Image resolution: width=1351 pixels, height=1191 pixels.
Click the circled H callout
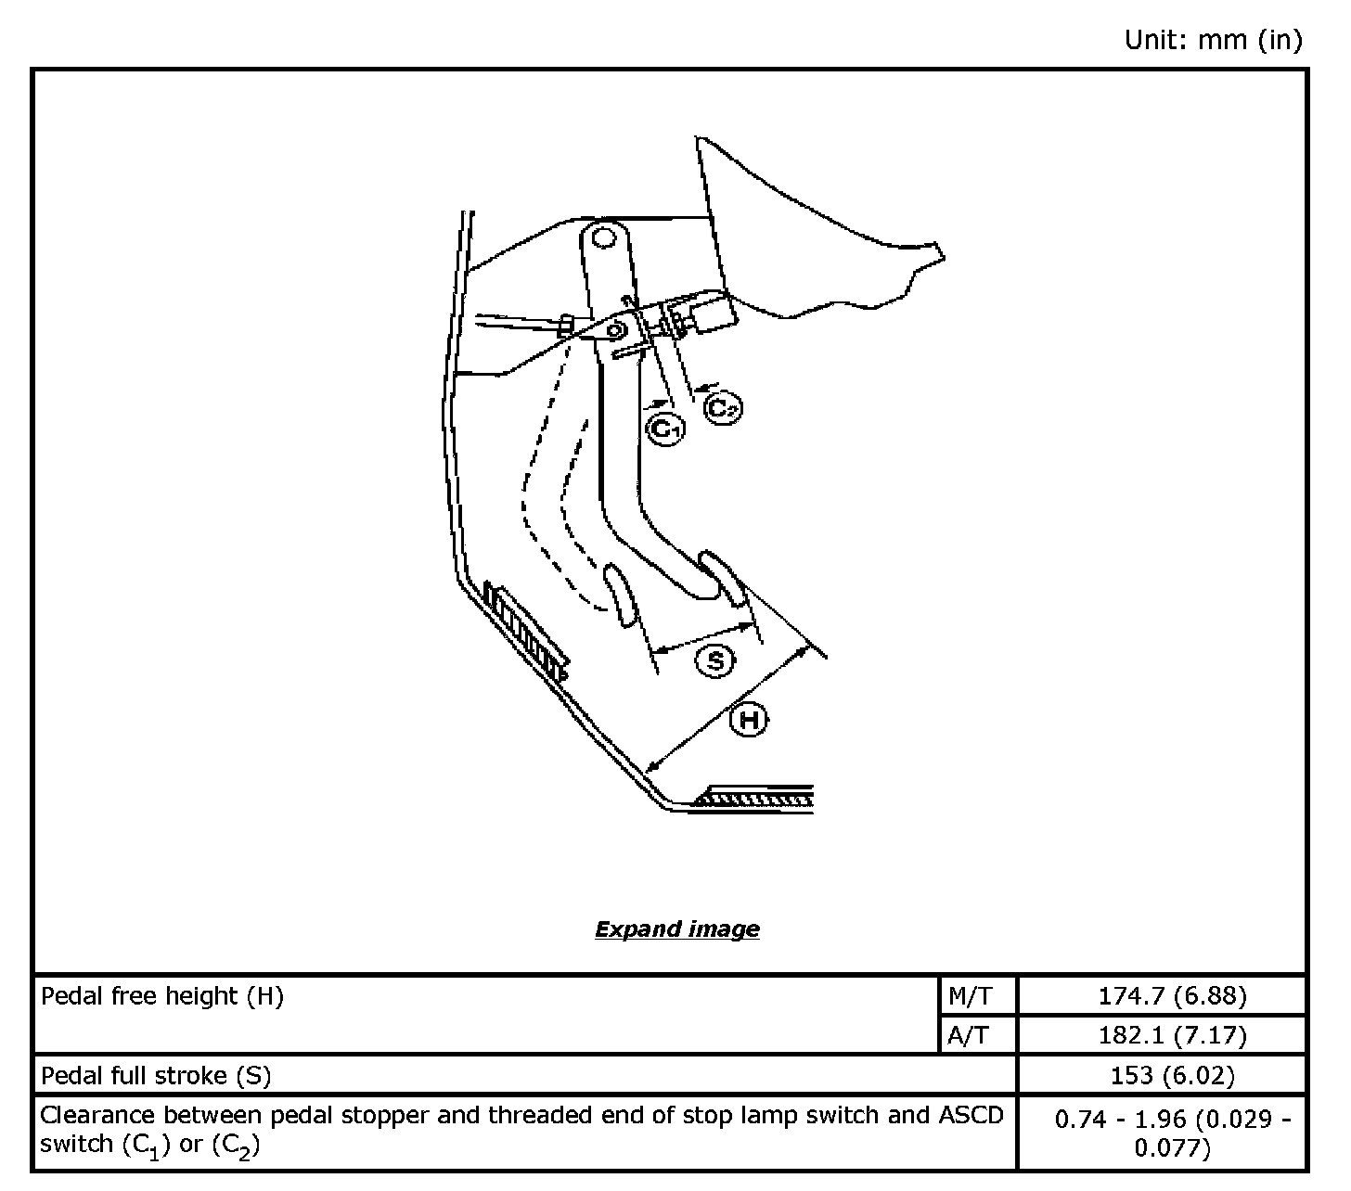point(749,720)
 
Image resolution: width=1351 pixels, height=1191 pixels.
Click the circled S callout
point(715,660)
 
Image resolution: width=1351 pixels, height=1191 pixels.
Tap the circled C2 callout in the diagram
point(723,407)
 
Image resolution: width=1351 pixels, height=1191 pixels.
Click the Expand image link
point(676,928)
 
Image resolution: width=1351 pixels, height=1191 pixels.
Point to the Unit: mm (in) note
point(1213,40)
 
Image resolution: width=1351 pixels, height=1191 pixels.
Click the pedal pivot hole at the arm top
point(604,238)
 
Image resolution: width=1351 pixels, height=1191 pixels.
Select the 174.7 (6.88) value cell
point(1172,996)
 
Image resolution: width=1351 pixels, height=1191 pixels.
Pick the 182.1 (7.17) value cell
point(1172,1035)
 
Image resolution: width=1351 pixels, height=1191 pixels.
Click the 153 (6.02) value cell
point(1172,1075)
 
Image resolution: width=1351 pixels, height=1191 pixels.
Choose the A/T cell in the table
point(969,1035)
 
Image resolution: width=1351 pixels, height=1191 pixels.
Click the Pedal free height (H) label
point(162,996)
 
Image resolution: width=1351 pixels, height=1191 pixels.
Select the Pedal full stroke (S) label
point(156,1075)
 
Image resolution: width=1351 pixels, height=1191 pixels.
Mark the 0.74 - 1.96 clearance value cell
point(1172,1133)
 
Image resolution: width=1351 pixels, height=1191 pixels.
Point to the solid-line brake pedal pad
point(724,577)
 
